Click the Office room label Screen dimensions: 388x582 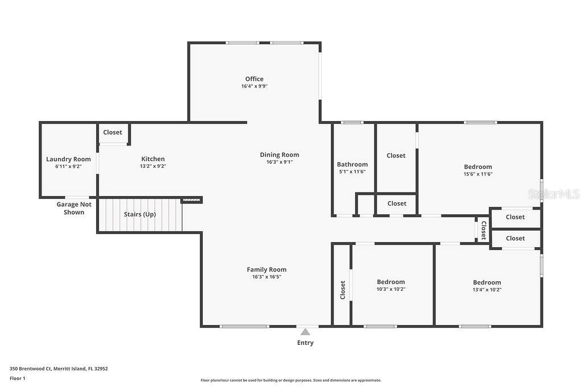click(254, 79)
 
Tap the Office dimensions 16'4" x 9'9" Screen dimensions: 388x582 click(254, 86)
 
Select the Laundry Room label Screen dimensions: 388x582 click(68, 159)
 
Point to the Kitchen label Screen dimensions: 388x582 click(153, 159)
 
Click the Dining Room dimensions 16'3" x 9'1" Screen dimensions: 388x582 click(279, 162)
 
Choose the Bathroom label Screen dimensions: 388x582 click(352, 164)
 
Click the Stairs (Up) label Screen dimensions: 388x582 click(140, 214)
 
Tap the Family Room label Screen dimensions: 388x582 click(267, 269)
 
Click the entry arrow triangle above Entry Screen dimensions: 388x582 click(305, 332)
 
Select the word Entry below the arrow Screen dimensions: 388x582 click(305, 343)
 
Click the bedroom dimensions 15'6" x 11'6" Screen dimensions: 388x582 click(477, 174)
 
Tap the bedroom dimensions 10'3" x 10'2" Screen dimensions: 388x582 click(391, 289)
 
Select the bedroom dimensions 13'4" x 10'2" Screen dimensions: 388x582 click(487, 289)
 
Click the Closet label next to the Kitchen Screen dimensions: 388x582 click(113, 132)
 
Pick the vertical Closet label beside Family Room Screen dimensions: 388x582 click(343, 290)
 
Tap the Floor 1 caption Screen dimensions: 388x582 click(18, 378)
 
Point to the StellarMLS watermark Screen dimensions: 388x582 click(554, 194)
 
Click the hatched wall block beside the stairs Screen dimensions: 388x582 click(191, 200)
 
